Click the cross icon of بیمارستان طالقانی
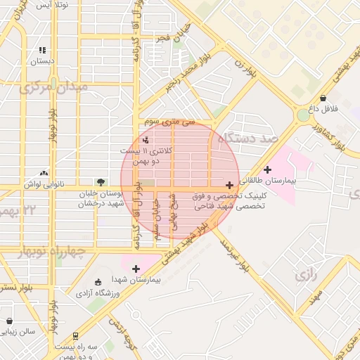click(x=267, y=169)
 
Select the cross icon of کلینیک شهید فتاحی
click(x=230, y=185)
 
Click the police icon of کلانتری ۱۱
click(x=145, y=140)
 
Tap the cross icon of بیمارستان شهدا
click(x=136, y=268)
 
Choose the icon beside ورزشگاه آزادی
click(x=98, y=282)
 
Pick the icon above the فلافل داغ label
click(x=323, y=98)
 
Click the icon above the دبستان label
click(x=42, y=51)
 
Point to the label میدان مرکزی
click(x=53, y=87)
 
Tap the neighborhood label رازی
click(x=308, y=274)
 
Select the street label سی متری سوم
click(x=169, y=122)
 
